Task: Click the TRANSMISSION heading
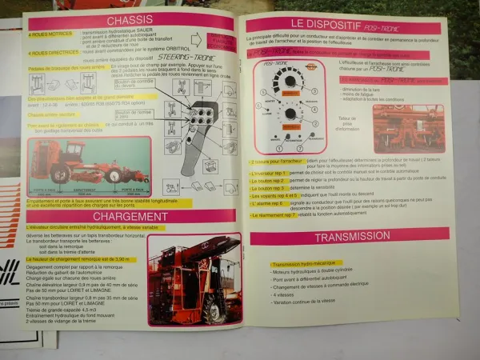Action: [351, 237]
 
